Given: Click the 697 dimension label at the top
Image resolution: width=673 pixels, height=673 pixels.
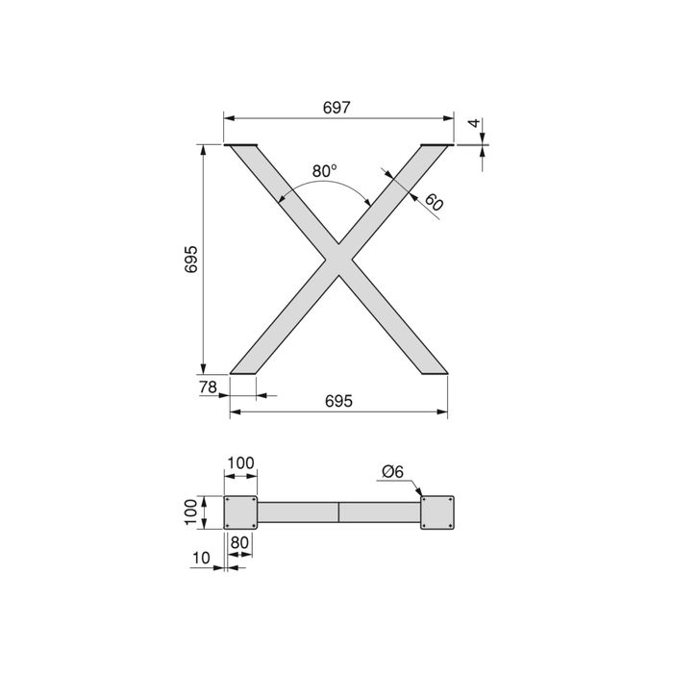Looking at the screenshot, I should (337, 109).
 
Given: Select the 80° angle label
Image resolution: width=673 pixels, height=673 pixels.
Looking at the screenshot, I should (325, 170).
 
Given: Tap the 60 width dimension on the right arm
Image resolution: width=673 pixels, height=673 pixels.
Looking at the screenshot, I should (433, 203).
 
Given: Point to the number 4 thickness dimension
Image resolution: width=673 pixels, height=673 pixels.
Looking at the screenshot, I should (473, 125).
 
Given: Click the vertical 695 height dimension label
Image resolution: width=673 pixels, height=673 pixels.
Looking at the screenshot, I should (191, 260).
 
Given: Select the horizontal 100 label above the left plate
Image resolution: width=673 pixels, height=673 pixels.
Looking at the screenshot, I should (240, 463).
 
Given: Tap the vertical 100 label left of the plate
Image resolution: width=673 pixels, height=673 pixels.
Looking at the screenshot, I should (191, 511).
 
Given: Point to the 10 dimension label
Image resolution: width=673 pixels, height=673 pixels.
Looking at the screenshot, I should (200, 558).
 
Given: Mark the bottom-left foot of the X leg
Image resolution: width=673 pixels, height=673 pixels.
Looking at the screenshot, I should (244, 370).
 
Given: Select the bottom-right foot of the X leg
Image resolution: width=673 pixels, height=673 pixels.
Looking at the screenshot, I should (434, 370).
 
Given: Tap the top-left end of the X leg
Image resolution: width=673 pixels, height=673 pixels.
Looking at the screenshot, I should (242, 147).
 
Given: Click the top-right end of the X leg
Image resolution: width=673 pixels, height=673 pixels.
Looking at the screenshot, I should (436, 147).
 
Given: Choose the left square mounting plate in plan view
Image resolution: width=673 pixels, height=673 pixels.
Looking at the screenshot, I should (240, 511).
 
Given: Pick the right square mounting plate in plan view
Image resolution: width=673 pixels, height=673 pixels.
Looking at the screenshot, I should (437, 511).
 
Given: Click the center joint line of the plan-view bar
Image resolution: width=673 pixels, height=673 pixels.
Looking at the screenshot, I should (338, 511).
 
